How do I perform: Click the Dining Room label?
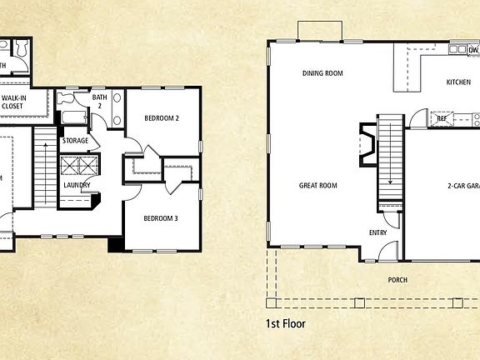click(322, 73)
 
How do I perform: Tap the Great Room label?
click(317, 186)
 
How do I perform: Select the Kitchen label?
click(458, 82)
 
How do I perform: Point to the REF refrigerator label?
click(442, 119)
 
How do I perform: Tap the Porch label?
click(397, 280)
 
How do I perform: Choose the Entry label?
click(377, 232)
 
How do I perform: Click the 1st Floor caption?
click(286, 322)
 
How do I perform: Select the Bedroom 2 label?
click(162, 118)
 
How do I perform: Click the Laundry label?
click(77, 185)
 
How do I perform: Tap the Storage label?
click(75, 141)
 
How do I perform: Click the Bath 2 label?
click(97, 102)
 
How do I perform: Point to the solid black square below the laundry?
click(116, 245)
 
